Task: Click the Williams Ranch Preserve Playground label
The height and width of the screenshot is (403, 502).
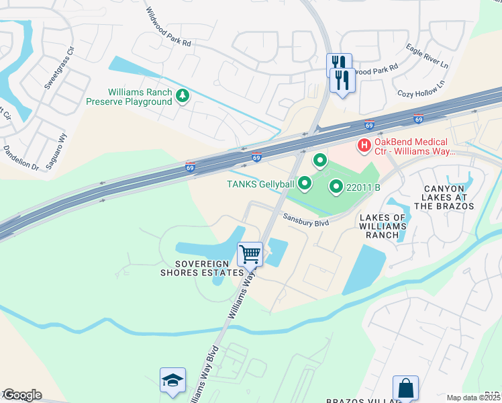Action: [x=129, y=97]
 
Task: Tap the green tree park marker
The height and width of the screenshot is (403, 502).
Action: [x=182, y=96]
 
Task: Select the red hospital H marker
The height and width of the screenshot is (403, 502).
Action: [x=364, y=144]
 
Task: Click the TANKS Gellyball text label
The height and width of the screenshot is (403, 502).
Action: [x=260, y=183]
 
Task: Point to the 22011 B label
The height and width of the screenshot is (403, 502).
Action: [x=363, y=187]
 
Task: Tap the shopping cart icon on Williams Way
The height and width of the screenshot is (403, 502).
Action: [x=250, y=254]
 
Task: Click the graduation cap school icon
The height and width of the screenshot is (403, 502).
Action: [x=172, y=380]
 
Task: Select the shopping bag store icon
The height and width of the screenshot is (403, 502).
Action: [x=405, y=388]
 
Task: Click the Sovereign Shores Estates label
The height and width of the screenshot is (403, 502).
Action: [x=201, y=268]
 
